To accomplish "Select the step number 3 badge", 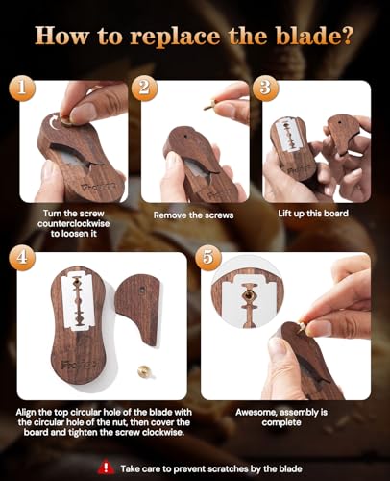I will click(265, 89).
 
